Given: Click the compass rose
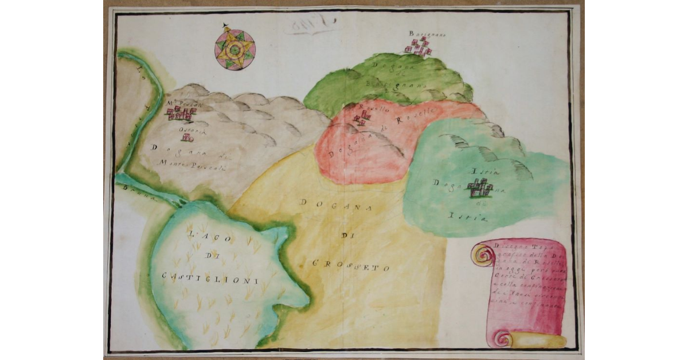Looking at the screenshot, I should [x=234, y=50].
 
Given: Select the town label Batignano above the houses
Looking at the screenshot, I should [x=427, y=34].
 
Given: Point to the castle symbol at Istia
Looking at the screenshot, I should [x=480, y=188].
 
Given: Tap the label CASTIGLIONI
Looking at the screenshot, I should [x=210, y=277].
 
